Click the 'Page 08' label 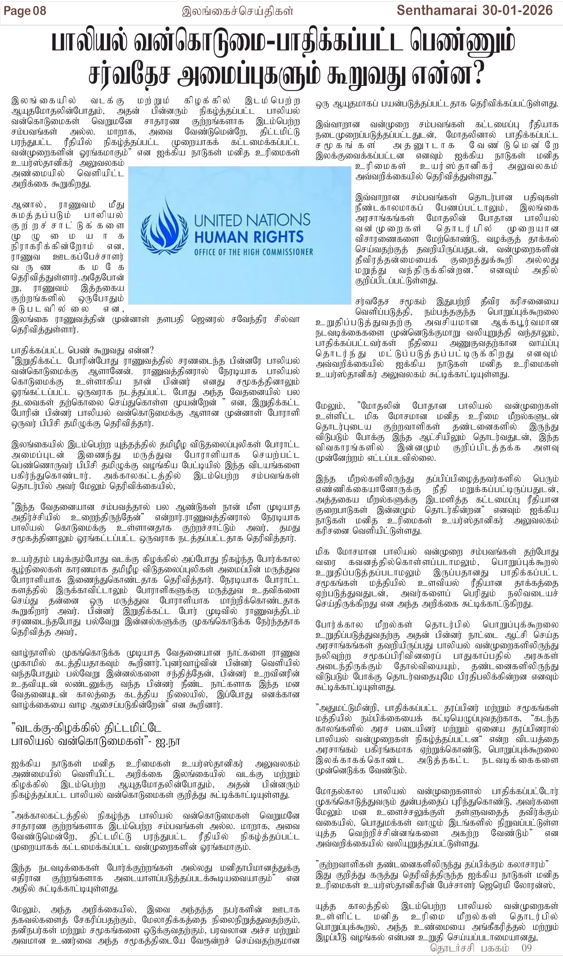(25, 11)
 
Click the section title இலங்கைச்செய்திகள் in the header (238, 11)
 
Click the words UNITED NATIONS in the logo (252, 220)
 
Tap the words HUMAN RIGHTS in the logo (249, 237)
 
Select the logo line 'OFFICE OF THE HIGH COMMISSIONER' (253, 252)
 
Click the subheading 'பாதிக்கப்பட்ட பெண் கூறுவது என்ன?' (82, 350)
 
